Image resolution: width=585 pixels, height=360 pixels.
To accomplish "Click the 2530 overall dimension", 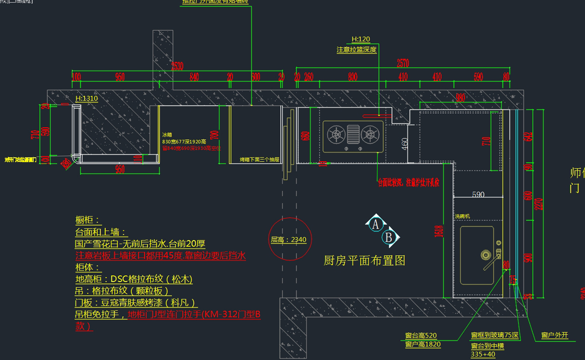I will coord(177,67).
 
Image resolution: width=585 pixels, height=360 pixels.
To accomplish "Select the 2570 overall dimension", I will coord(402,63).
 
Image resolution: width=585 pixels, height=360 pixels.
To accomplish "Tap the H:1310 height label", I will coord(87,98).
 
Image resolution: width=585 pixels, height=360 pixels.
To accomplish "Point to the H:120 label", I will coord(361,39).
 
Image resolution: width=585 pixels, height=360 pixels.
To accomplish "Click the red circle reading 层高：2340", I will coord(289,239).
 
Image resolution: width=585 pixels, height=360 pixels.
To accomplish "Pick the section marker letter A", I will coord(375,224).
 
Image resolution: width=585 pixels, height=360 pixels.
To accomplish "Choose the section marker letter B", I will coord(389,238).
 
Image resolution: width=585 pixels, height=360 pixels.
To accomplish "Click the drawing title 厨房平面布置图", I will coord(365,261).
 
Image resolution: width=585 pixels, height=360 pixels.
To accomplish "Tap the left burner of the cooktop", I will coord(336,133).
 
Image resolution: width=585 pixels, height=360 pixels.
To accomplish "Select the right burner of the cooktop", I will coord(371,133).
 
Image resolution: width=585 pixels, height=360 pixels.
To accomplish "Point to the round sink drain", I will coord(485,255).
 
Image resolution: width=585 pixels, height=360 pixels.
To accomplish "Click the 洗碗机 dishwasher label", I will coord(462,216).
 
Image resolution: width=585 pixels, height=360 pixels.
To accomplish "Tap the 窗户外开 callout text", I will coord(555,335).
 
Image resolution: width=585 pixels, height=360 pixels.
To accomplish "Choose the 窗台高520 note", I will coord(421,335).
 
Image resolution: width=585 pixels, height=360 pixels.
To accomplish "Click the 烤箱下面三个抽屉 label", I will coord(259,159).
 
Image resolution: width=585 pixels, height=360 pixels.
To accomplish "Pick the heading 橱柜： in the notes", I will coord(88,220).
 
